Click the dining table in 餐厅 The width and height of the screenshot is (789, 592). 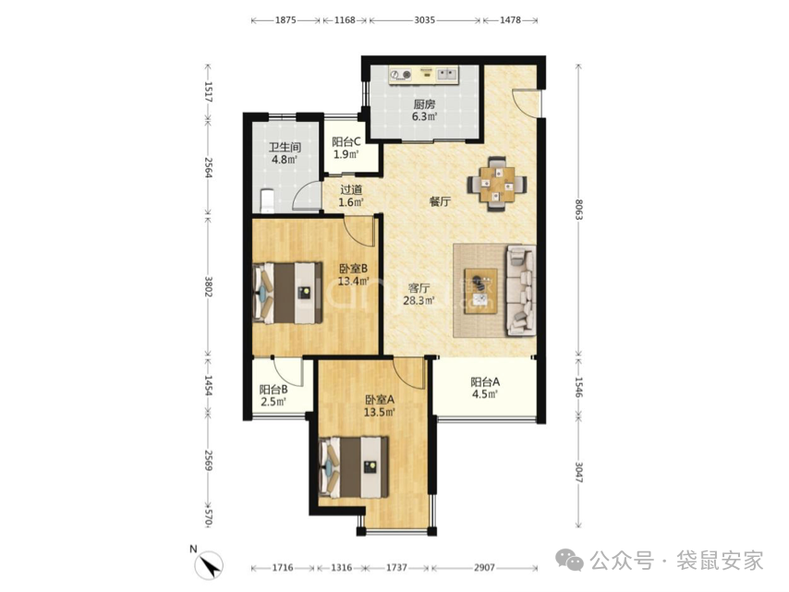[x=497, y=184]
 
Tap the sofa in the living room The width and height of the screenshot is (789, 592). [x=520, y=290]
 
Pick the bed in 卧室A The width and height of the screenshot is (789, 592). [x=354, y=467]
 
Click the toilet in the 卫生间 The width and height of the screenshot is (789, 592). [x=266, y=200]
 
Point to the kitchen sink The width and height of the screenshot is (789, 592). [x=446, y=75]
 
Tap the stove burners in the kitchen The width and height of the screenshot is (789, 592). [x=401, y=75]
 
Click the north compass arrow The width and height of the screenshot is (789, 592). [x=210, y=565]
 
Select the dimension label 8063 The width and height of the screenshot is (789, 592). [x=578, y=210]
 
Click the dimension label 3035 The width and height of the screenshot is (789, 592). [x=424, y=20]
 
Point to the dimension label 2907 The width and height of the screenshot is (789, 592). [x=484, y=568]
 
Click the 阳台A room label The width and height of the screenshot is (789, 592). [x=485, y=381]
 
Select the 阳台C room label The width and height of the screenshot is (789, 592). [x=346, y=142]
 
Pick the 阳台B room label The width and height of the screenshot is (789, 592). [x=273, y=390]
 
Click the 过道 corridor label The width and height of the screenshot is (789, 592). [x=351, y=190]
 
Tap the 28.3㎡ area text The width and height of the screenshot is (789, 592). [x=419, y=301]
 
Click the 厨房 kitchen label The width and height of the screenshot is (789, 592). [x=424, y=104]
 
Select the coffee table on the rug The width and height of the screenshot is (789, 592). [x=480, y=291]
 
